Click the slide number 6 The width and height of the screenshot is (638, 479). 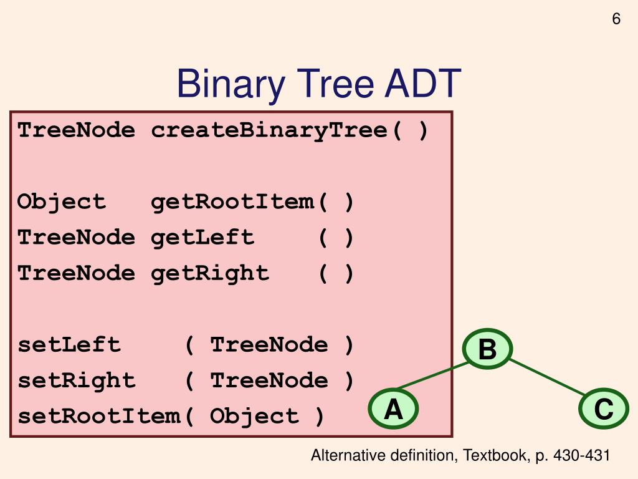[616, 19]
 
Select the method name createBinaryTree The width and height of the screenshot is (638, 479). [269, 131]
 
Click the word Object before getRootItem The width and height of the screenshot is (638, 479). [62, 202]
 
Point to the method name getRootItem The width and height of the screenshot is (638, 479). [232, 202]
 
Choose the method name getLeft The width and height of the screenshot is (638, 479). [202, 238]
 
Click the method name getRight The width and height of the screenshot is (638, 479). [210, 273]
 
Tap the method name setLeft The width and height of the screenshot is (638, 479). [69, 345]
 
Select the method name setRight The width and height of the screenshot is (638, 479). [77, 380]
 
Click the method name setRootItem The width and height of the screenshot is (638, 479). [98, 416]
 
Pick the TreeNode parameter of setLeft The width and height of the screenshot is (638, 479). [269, 345]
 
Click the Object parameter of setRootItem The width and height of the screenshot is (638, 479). [254, 416]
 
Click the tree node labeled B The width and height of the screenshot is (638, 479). [487, 349]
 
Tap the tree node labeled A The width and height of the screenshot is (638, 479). [393, 410]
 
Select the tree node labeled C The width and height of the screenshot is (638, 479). [603, 410]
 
